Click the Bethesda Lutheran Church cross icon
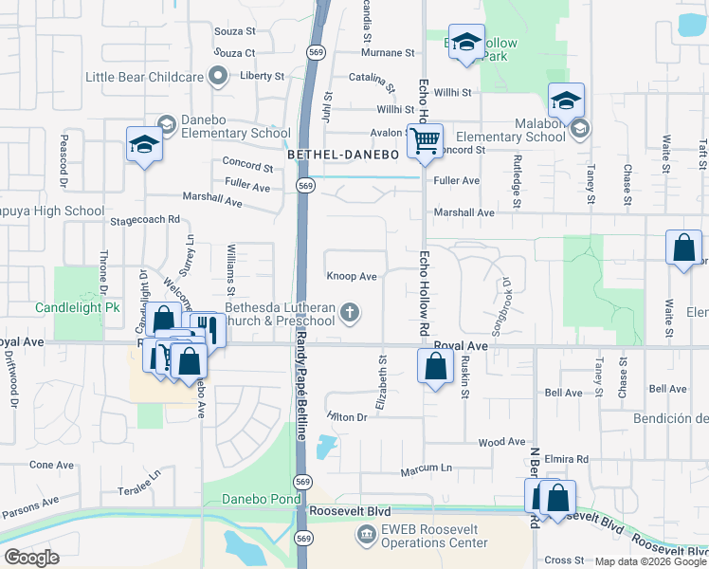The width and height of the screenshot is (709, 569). click(x=350, y=313)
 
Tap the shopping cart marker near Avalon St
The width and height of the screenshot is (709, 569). click(x=426, y=141)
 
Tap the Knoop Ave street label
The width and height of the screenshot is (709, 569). click(x=352, y=277)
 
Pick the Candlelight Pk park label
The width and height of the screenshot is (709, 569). click(x=78, y=308)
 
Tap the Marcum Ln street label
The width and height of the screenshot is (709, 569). click(x=426, y=468)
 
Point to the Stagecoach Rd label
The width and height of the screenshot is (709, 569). click(x=145, y=219)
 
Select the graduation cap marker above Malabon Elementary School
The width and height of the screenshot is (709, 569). click(x=566, y=101)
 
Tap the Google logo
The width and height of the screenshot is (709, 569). click(x=30, y=558)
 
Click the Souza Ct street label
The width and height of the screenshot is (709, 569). click(x=235, y=52)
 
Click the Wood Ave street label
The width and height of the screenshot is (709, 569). click(x=501, y=442)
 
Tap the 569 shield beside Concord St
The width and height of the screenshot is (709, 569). click(x=305, y=186)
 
